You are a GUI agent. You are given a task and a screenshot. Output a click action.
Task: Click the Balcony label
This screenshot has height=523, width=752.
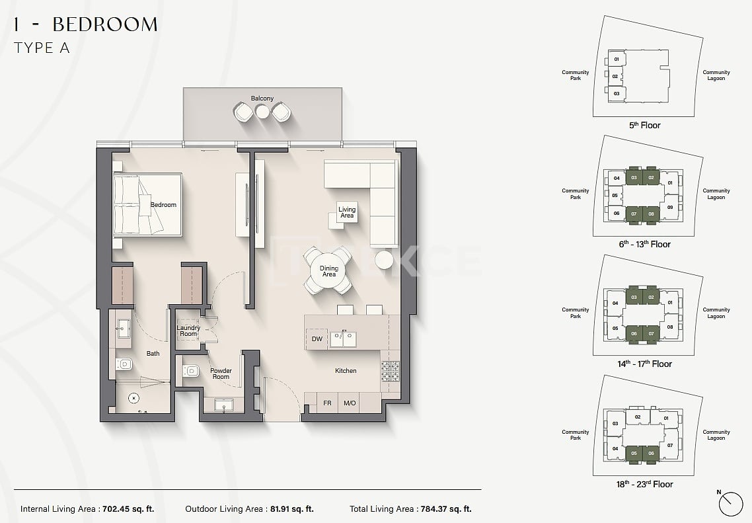coord(262,99)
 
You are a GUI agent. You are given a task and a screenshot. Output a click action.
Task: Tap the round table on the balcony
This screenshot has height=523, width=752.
coord(262,112)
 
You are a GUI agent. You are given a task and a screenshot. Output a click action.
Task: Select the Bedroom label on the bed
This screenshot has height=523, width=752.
coord(163,204)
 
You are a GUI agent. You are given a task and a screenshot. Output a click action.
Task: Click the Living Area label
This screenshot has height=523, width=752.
coord(347,212)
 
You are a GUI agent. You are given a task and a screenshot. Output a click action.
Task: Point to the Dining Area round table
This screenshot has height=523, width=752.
coord(328,271)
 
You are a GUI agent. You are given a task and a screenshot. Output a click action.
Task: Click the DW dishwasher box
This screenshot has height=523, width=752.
coord(317,339)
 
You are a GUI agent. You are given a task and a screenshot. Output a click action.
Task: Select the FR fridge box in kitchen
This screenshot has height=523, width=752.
coord(327,403)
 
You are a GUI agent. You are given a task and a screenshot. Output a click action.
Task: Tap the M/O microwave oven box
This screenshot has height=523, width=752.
coord(350,403)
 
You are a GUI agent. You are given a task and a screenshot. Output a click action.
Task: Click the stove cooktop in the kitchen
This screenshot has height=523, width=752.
coord(390,372)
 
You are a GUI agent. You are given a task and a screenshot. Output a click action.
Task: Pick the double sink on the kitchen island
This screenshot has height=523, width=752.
coord(343,339)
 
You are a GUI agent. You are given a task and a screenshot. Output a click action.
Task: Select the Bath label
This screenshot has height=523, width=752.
coord(153,354)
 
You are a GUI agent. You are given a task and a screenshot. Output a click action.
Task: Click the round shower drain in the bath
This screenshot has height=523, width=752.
coord(134,398)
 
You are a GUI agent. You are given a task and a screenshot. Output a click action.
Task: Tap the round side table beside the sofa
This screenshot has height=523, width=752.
coord(384,259)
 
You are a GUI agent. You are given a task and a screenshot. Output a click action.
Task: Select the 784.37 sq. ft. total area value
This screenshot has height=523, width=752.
coord(444,509)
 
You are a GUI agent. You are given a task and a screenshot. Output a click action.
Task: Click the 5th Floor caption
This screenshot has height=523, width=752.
coord(644,125)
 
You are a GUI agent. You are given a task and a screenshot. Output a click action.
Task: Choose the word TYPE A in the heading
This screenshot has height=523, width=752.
coord(41,48)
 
